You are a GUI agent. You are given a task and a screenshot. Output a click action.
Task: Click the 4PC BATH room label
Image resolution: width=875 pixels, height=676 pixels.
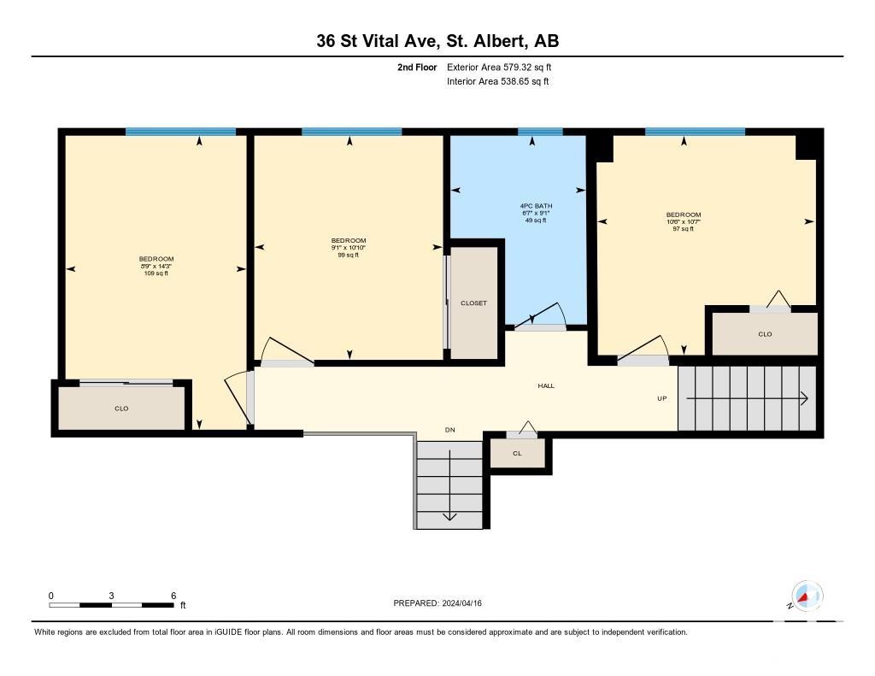[536, 206]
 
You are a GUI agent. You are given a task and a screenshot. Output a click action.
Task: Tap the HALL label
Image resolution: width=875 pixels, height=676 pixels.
[546, 385]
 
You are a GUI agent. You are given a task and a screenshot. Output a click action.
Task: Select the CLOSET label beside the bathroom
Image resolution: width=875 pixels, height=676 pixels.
[473, 303]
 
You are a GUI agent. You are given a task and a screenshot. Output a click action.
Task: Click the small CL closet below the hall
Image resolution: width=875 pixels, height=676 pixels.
[517, 453]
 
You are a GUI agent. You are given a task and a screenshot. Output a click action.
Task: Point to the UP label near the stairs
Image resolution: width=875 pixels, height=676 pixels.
[662, 398]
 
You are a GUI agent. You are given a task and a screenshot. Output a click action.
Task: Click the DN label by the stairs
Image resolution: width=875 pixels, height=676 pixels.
[449, 430]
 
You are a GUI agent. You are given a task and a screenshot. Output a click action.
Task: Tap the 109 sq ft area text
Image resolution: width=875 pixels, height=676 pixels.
[156, 273]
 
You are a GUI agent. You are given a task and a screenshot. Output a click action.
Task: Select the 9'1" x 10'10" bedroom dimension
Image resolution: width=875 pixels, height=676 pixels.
[349, 248]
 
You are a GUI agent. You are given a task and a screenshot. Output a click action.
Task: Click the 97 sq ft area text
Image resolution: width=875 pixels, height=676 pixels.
[683, 229]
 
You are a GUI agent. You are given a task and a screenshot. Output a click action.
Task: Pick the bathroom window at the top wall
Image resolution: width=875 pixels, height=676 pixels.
[540, 132]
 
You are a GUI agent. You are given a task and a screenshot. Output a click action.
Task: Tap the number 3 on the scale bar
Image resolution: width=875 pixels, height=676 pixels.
[112, 596]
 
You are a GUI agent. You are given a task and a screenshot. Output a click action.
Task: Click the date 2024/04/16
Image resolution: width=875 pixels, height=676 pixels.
[462, 603]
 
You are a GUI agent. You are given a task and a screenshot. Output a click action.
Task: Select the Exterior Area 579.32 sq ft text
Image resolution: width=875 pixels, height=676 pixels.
[499, 67]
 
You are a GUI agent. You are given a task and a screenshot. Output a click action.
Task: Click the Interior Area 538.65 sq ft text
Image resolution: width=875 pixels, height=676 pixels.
[498, 81]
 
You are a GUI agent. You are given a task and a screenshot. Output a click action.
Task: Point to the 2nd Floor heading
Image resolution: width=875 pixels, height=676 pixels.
[417, 67]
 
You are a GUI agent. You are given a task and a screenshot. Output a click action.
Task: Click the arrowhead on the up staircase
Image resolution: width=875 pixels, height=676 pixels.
[805, 398]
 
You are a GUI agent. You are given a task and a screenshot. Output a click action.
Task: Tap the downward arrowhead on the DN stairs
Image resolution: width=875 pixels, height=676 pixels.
[449, 516]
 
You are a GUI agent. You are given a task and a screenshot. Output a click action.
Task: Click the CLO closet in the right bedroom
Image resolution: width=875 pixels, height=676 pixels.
[765, 334]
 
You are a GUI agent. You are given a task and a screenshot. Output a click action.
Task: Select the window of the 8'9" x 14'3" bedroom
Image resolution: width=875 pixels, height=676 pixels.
[180, 132]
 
